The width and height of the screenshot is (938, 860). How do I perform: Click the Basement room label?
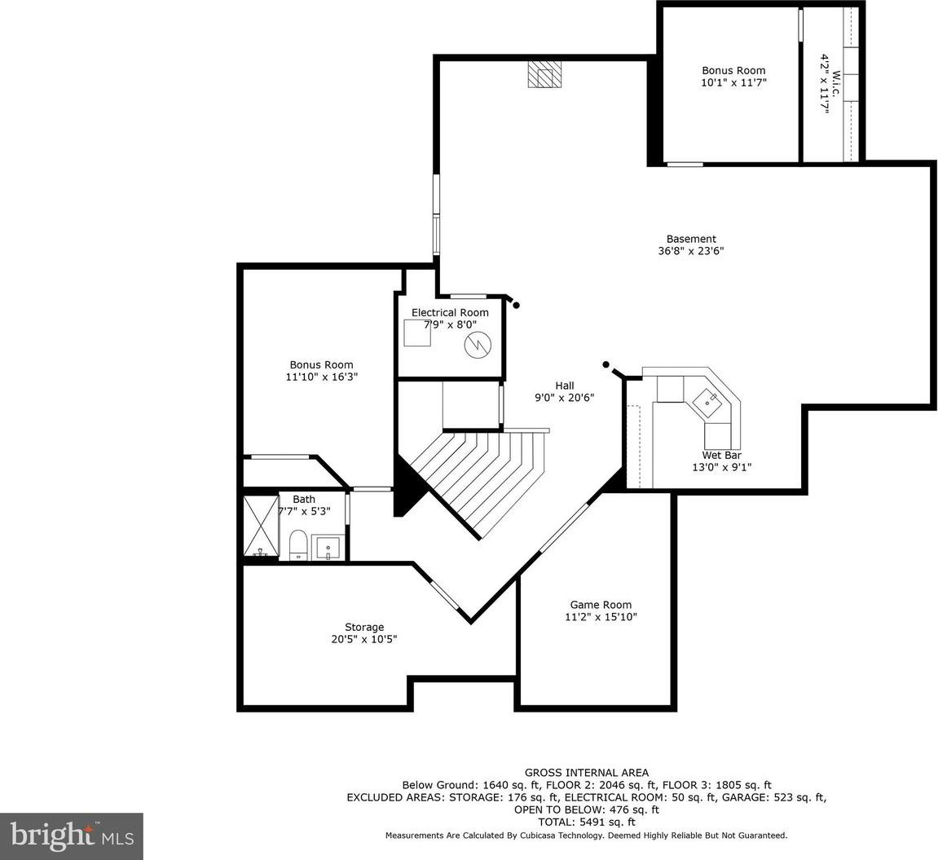pos(691,240)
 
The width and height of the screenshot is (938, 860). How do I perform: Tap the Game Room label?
pos(601,605)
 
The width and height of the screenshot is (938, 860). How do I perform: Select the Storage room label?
pos(364,627)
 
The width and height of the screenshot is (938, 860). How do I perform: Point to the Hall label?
pos(565,386)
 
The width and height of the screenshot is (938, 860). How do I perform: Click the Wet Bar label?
pos(721,456)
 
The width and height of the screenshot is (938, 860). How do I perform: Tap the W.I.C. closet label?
pos(836,84)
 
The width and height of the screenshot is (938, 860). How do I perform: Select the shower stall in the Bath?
pos(261,526)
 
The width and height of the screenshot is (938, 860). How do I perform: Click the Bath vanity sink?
pos(328,548)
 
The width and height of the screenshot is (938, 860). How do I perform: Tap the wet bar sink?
pos(707,399)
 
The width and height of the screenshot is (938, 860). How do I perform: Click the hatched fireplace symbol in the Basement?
pos(544,75)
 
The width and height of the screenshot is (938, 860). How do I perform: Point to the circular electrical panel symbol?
pos(478,345)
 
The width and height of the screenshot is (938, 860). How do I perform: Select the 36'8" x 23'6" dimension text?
pos(691,251)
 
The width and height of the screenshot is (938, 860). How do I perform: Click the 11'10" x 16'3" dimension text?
pos(322,377)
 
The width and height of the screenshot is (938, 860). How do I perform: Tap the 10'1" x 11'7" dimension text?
pos(733,82)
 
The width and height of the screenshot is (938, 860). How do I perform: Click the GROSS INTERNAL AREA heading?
pos(586,773)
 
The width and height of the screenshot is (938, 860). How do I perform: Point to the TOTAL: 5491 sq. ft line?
pos(586,823)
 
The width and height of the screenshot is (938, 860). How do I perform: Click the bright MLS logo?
pos(72,836)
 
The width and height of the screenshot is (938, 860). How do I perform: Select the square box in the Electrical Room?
pos(417,333)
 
